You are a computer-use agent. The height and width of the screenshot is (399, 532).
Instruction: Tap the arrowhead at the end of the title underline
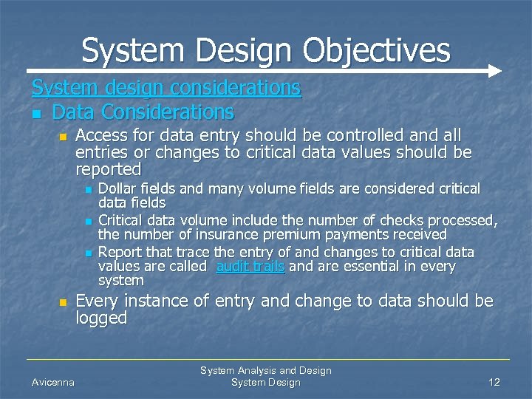point(495,72)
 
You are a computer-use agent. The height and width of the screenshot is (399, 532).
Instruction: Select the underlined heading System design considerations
point(166,88)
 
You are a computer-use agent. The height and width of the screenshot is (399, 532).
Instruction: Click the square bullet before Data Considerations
point(36,114)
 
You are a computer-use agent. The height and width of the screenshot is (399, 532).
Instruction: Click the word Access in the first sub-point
point(101,136)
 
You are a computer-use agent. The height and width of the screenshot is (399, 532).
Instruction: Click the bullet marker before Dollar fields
point(88,190)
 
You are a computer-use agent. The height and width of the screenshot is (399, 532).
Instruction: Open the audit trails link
point(250,267)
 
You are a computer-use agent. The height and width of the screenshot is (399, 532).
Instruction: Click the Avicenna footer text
point(52,382)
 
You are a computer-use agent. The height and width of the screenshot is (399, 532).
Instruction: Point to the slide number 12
point(494,382)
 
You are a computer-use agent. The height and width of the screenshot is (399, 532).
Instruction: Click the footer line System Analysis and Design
point(266,370)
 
